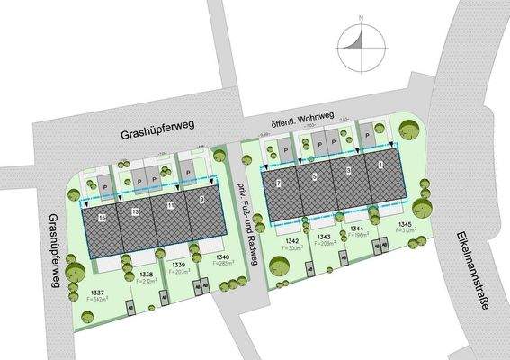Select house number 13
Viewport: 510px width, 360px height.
136,211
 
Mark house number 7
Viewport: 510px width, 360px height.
280,184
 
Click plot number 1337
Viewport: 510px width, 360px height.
99,292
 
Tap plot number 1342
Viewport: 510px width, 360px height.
291,242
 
